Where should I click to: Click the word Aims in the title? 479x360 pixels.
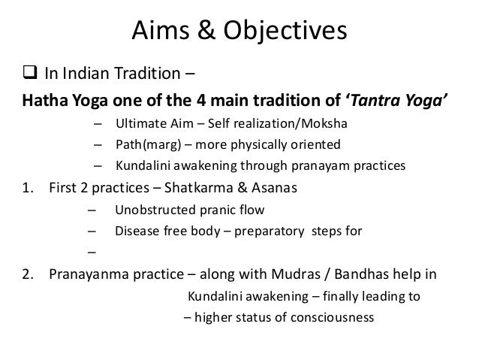point(161,30)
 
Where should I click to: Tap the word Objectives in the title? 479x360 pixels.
point(285,32)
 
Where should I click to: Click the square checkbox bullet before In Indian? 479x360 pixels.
point(30,72)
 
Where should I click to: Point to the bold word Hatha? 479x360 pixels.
point(45,100)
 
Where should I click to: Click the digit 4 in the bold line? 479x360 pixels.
point(201,100)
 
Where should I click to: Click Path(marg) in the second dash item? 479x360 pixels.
point(149,144)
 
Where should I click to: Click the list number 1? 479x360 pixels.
point(28,188)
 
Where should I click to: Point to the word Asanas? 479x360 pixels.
point(274,188)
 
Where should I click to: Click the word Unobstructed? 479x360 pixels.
point(155,210)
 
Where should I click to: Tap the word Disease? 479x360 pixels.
point(137,231)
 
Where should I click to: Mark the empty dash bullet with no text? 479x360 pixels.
point(92,253)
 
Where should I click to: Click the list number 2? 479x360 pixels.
point(28,274)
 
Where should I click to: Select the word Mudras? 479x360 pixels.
point(296,274)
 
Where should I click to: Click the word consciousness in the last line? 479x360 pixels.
point(332,317)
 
